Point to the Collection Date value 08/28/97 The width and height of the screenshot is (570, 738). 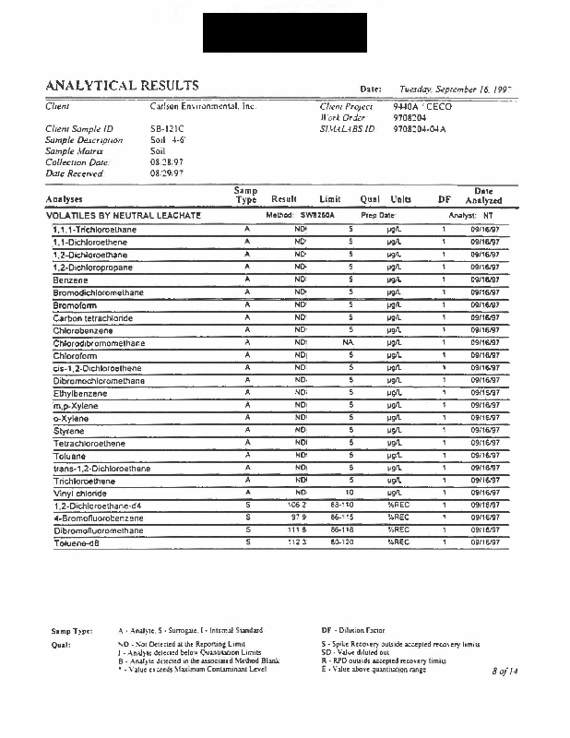[166, 161]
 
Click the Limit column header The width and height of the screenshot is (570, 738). [330, 199]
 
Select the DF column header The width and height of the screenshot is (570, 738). [445, 199]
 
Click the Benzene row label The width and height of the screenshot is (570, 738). [70, 280]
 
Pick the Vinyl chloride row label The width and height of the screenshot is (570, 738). [80, 493]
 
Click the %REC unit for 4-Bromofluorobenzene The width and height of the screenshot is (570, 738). [398, 518]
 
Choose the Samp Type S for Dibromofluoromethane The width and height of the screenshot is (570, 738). [247, 530]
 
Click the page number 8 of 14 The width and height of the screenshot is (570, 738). [506, 672]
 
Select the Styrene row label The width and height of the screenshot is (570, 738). [68, 430]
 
